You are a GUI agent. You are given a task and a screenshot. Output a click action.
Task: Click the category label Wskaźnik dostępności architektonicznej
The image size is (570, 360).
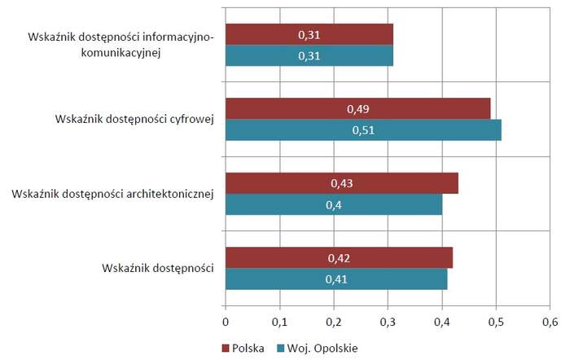113,194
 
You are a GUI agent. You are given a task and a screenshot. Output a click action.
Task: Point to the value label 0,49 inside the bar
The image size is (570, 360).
358,109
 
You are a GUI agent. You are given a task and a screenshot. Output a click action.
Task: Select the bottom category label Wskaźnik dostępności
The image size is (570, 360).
158,268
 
